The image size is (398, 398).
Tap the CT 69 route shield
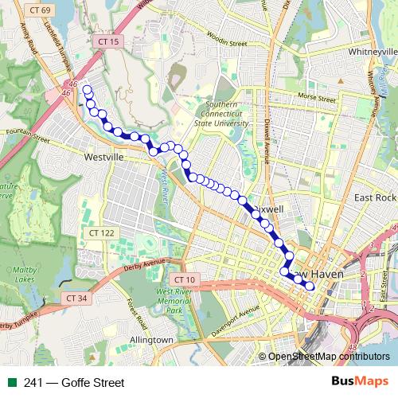39,9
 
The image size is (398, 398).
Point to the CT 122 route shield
101,232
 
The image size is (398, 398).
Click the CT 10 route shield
184,279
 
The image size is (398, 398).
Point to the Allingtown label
151,340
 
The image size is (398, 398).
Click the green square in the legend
12,383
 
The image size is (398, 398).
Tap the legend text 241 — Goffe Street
74,383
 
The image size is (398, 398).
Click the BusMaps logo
361,382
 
